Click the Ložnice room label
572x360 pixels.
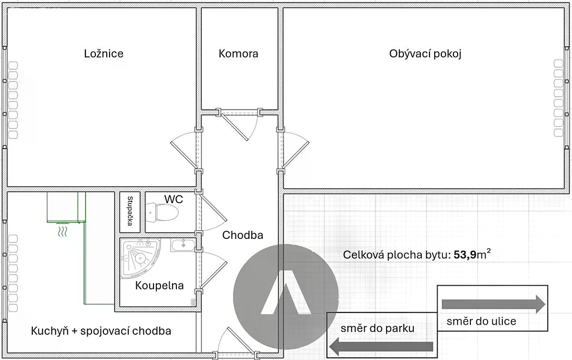pos(104,54)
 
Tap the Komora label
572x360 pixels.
pos(238,54)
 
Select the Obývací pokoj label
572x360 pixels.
pos(425,54)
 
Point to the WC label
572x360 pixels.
pos(174,199)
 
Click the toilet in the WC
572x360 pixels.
pos(162,213)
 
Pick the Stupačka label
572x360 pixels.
pos(130,211)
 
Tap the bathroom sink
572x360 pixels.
pos(183,245)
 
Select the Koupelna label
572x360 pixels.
pos(159,286)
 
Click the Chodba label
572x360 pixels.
pos(243,235)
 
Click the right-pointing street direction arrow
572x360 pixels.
pos(494,304)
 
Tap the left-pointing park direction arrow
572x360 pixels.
pos(381,347)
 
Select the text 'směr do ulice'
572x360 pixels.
pos(481,321)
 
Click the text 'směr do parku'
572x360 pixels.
pos(378,329)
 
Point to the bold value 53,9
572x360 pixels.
pos(465,255)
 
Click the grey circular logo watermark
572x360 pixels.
pos(286,297)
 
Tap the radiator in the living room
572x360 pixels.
pos(559,98)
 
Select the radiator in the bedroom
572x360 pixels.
pos(13,100)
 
